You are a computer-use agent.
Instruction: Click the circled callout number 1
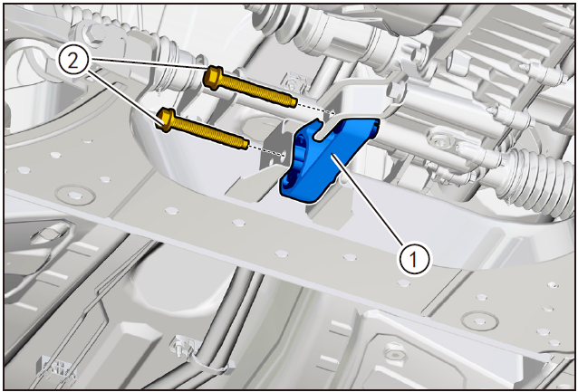point(413,259)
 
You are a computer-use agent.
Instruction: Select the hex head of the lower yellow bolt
point(165,120)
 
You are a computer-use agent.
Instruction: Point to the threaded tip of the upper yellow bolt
point(292,101)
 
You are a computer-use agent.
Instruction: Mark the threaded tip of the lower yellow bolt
point(244,145)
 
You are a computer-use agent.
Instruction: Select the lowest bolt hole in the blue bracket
point(289,181)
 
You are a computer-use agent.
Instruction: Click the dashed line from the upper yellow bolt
point(316,108)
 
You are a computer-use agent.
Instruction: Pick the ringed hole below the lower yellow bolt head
point(75,194)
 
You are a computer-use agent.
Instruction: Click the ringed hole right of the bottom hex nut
point(479,320)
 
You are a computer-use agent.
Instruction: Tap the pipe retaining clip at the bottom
point(183,348)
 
